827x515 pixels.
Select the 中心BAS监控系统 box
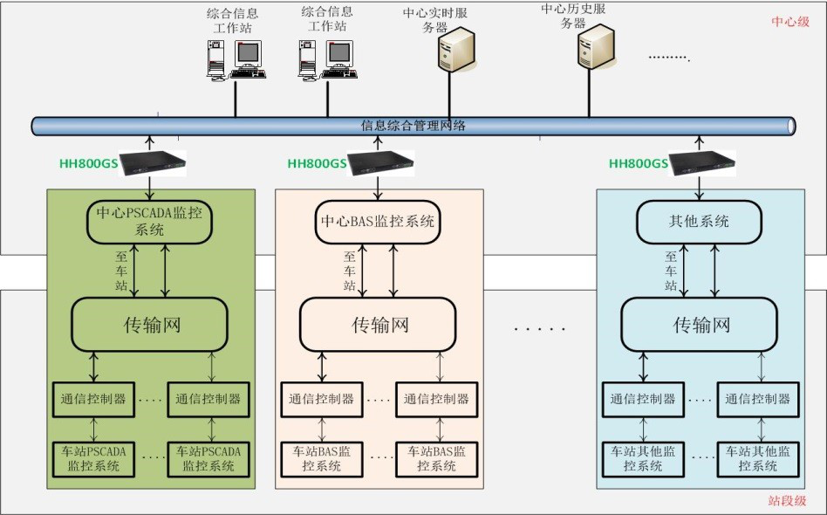click(x=377, y=222)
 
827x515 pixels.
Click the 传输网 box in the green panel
click(x=149, y=325)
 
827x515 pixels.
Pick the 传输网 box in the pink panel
click(x=379, y=325)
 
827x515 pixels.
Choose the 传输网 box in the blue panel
click(x=699, y=325)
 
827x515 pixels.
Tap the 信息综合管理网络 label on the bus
click(x=413, y=126)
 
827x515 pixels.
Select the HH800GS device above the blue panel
click(x=701, y=161)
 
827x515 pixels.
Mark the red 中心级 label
click(x=790, y=21)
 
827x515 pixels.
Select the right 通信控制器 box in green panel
click(x=207, y=399)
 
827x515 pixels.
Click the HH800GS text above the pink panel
click(x=318, y=163)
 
